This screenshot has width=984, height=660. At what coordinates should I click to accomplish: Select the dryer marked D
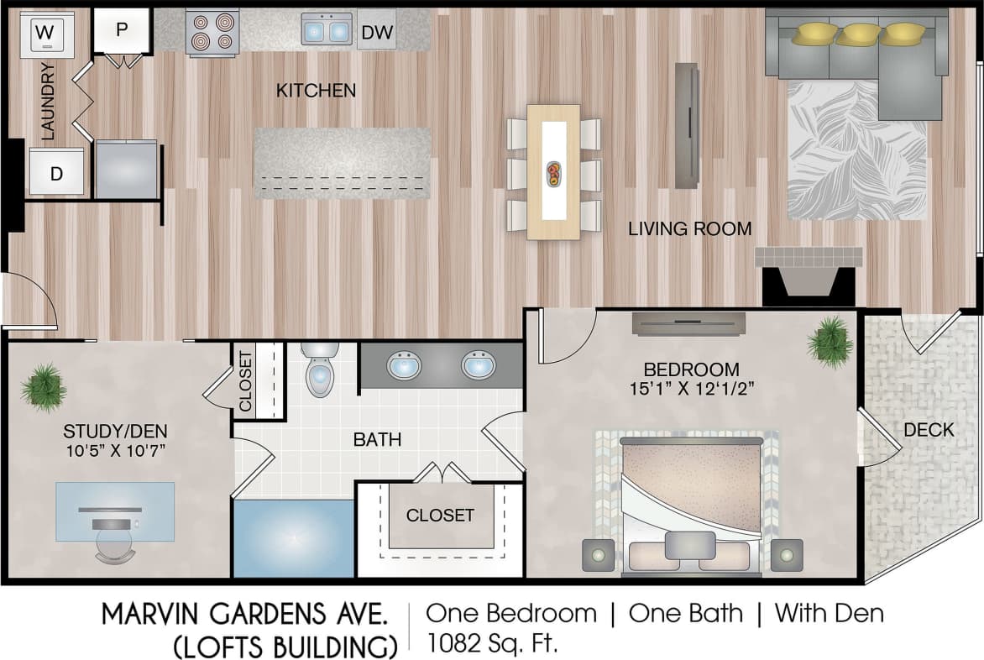click(56, 172)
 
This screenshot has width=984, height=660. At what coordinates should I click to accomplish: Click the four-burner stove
click(212, 33)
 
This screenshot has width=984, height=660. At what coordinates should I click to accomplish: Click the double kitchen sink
click(327, 31)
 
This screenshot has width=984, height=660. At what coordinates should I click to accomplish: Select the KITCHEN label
click(316, 90)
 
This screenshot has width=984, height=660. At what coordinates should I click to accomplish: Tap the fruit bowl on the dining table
click(554, 173)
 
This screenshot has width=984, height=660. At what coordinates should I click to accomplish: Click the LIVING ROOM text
click(689, 228)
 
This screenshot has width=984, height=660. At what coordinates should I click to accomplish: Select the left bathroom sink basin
click(404, 365)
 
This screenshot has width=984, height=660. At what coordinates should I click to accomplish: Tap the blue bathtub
click(293, 537)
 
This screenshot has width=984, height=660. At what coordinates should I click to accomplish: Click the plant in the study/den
click(44, 386)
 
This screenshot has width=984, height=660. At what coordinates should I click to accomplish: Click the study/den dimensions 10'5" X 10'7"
click(115, 450)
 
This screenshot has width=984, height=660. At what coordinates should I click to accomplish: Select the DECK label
click(928, 430)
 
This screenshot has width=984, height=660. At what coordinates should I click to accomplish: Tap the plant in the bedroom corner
click(830, 340)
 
